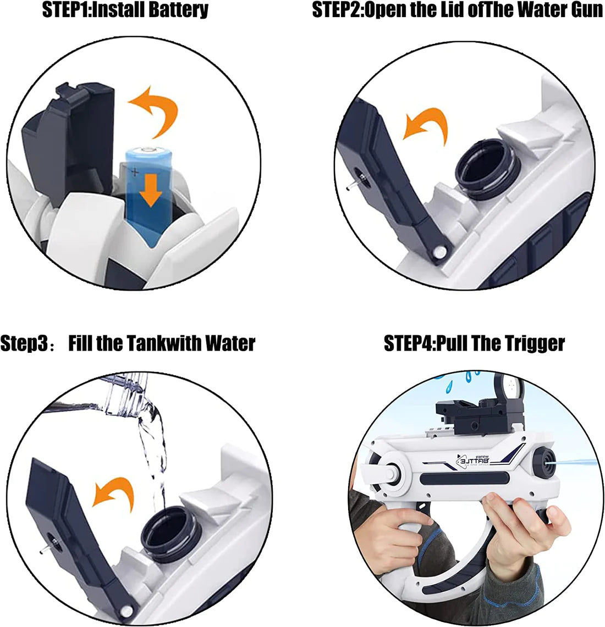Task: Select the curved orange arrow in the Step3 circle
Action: point(112,491)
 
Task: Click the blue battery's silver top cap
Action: point(147,149)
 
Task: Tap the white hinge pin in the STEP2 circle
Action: point(439,251)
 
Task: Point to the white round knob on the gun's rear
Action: point(389,471)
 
